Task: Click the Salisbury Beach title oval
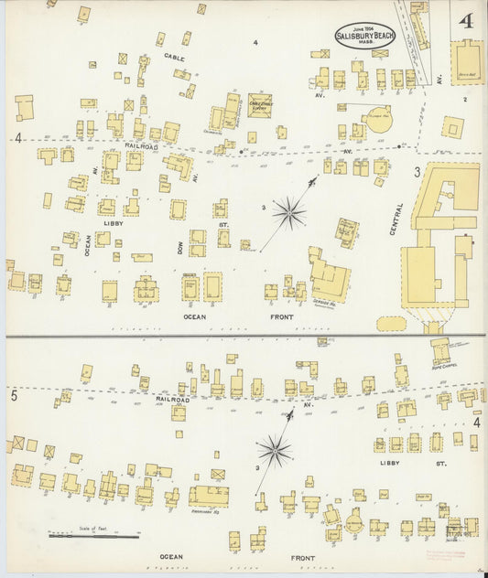[x=358, y=36]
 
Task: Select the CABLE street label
[x=174, y=58]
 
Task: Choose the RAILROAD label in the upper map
[x=143, y=146]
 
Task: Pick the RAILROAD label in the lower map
[x=172, y=399]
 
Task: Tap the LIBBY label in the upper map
[x=114, y=223]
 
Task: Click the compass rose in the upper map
[x=288, y=213]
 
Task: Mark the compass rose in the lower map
[x=274, y=450]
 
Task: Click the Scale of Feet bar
[x=107, y=535]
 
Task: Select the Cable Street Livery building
[x=260, y=105]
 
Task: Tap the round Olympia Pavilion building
[x=378, y=116]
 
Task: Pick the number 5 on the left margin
[x=14, y=396]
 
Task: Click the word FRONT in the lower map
[x=303, y=557]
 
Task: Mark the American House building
[x=209, y=497]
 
